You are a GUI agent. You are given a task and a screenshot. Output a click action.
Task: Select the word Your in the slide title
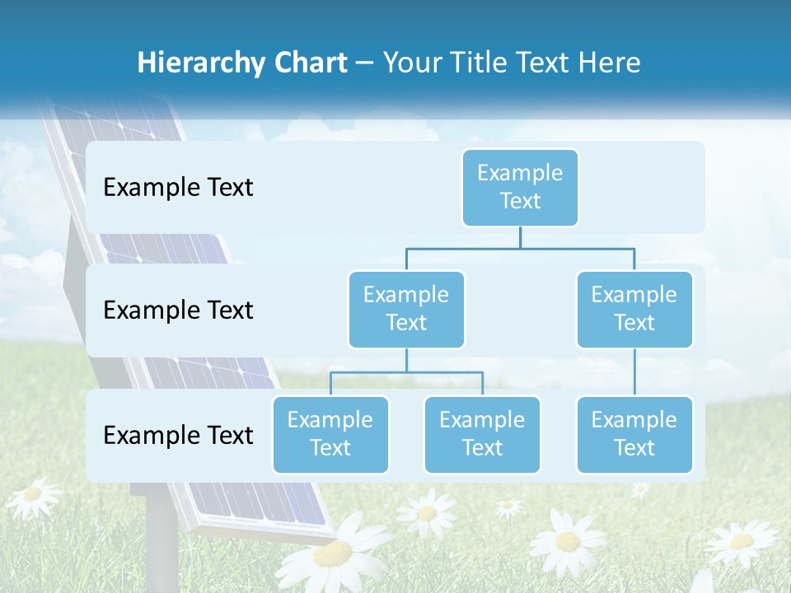(412, 63)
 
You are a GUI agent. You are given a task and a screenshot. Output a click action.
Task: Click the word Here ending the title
(609, 63)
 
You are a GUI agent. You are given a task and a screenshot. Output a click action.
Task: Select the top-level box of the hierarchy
(520, 187)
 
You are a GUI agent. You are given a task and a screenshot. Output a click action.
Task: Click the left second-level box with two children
(406, 309)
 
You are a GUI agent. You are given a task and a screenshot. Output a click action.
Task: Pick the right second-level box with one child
(634, 309)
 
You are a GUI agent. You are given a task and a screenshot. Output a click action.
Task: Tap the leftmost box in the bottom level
(330, 434)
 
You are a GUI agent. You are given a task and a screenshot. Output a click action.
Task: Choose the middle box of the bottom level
(482, 434)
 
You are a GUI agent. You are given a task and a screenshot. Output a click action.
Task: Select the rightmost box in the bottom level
(634, 434)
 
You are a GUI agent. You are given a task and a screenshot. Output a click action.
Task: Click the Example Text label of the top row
(178, 187)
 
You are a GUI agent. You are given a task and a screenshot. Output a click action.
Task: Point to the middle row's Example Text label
(178, 310)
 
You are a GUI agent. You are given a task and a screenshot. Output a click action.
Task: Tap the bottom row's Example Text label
(178, 435)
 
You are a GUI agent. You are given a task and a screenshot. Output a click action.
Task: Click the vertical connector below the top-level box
(520, 237)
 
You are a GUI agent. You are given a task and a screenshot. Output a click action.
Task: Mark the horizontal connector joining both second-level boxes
(520, 248)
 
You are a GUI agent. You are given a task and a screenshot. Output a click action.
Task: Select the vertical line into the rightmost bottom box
(634, 372)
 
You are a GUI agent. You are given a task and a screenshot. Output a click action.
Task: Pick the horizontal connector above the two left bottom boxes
(406, 372)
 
